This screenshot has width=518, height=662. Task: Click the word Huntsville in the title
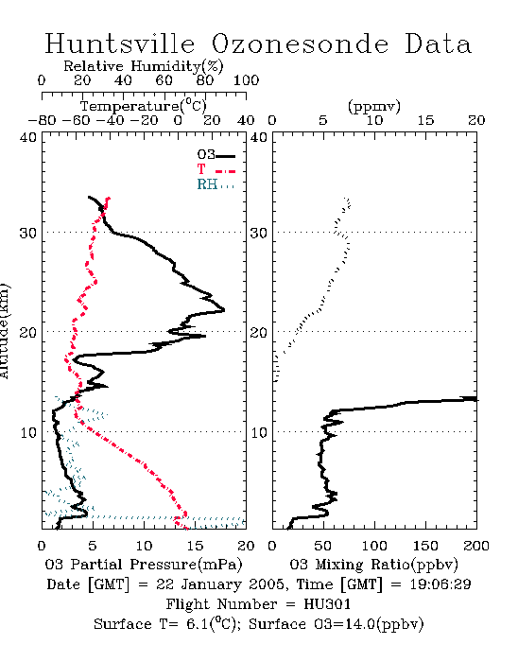tap(120, 44)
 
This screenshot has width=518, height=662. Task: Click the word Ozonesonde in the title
tap(300, 44)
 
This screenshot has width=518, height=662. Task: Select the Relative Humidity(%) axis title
tap(144, 66)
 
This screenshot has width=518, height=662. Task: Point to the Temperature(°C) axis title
tap(144, 106)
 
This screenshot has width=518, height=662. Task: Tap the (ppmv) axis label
tap(374, 106)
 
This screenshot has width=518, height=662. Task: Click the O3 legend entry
tap(216, 155)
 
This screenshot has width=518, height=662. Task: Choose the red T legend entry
tap(216, 169)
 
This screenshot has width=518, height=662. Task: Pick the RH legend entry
tap(216, 184)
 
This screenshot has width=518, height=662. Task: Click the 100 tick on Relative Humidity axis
tap(246, 80)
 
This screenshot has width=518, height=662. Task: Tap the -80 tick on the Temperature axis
tap(42, 120)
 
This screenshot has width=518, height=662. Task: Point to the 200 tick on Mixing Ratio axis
tap(476, 546)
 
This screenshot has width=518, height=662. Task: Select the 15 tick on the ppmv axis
tap(425, 120)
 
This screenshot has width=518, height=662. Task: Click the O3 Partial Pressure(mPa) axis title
tap(144, 565)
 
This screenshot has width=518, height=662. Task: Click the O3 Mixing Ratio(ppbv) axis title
tap(373, 565)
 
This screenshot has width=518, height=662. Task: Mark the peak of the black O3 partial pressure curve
tap(224, 310)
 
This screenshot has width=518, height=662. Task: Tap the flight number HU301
tap(327, 604)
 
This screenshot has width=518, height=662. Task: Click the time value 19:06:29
tap(440, 584)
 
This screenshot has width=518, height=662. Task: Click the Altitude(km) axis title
tap(4, 331)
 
